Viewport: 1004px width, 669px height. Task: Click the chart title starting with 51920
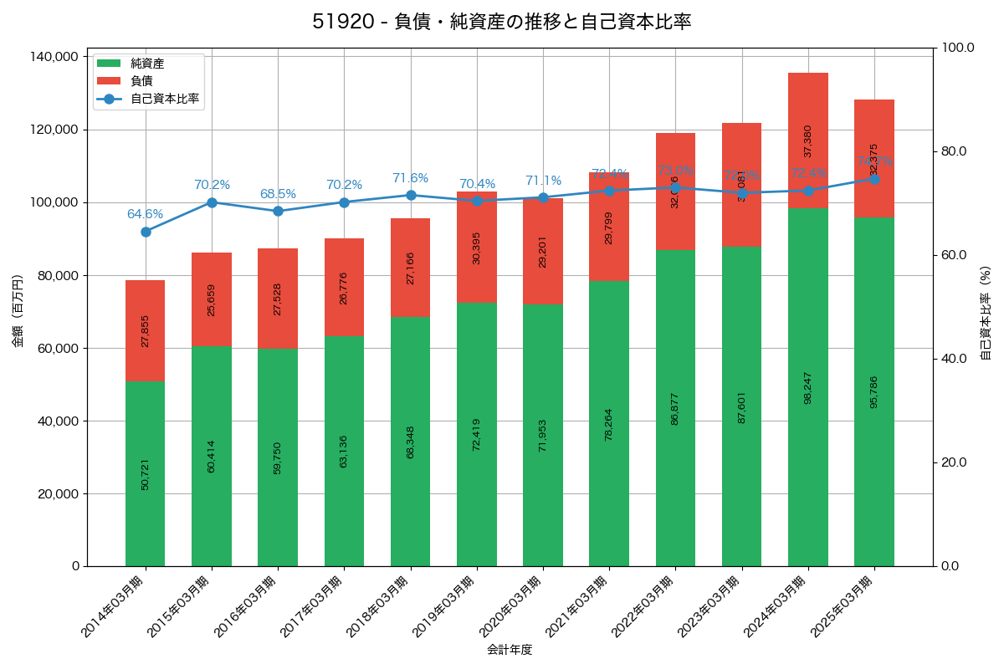click(x=502, y=22)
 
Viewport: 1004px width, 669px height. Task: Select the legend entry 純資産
click(x=147, y=64)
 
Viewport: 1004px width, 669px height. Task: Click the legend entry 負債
click(x=141, y=81)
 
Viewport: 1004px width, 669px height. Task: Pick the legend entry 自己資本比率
click(x=164, y=99)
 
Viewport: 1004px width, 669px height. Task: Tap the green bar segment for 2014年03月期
click(x=146, y=473)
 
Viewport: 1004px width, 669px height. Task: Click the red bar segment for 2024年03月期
click(x=808, y=140)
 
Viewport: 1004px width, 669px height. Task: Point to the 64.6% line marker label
click(x=146, y=214)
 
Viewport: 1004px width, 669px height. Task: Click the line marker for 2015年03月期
click(x=212, y=202)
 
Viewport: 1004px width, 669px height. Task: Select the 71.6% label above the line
click(x=411, y=178)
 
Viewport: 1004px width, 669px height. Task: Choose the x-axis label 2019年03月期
click(x=444, y=607)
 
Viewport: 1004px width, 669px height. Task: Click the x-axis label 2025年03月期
click(x=842, y=607)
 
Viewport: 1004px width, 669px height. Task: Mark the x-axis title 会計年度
click(x=510, y=649)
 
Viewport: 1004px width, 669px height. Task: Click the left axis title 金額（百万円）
click(x=18, y=311)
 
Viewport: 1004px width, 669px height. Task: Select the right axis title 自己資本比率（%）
click(x=986, y=311)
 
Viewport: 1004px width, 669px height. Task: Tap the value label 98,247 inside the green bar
click(x=808, y=387)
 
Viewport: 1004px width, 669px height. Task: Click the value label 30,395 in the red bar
click(x=477, y=248)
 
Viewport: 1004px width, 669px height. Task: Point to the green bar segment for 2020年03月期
click(x=543, y=435)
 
